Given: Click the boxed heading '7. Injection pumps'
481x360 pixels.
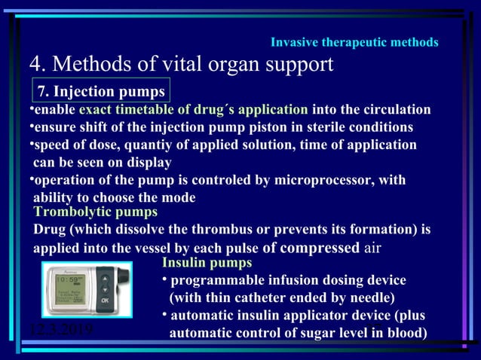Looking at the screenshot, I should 102,92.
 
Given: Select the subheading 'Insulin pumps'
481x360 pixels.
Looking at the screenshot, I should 207,263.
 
